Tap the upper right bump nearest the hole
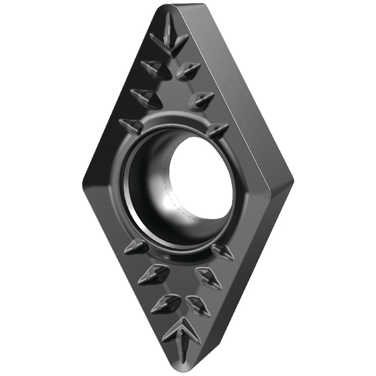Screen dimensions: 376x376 [216, 131]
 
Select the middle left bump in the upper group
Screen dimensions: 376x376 [145, 97]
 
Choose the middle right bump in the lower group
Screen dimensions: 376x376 [208, 276]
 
